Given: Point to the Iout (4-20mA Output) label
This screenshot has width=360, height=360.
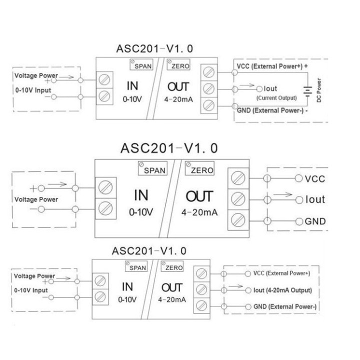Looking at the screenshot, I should click(x=282, y=290).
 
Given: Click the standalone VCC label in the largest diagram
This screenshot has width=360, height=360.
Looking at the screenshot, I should click(x=315, y=178).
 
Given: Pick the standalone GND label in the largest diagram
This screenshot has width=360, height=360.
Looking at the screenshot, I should click(x=315, y=221).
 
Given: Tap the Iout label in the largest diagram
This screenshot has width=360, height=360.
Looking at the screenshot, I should click(x=315, y=199).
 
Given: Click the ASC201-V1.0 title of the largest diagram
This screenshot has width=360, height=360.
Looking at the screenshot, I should click(x=169, y=148).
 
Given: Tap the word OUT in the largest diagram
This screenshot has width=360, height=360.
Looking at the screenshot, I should click(x=199, y=196).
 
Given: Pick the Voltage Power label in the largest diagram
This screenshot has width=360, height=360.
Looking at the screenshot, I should click(x=36, y=199).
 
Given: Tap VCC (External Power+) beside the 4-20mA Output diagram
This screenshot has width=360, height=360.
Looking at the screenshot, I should click(x=281, y=273).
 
